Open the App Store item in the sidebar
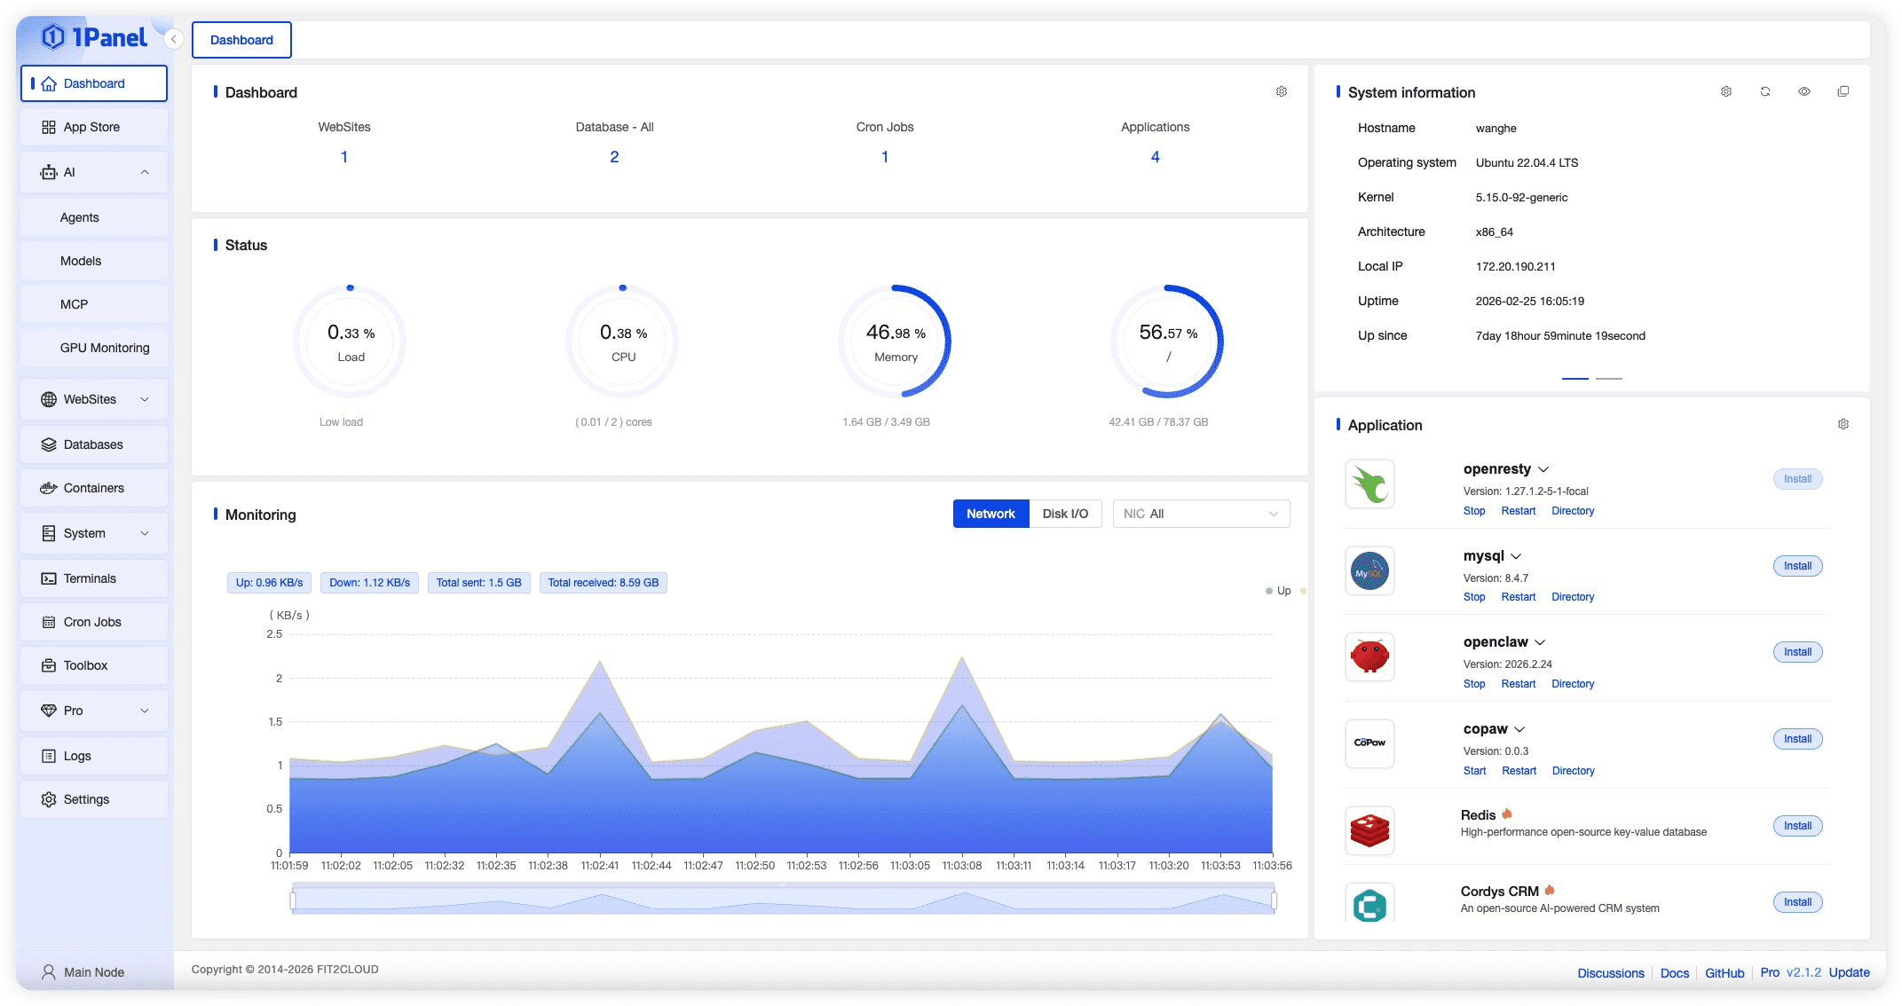93,127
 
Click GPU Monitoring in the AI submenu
105,348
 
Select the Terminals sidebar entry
93,578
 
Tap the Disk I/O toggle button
1065,514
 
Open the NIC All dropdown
1201,514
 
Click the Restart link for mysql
1518,597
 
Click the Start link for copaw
1474,771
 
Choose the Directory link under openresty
1573,511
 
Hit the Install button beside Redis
1797,826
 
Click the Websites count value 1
344,157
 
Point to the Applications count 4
1155,157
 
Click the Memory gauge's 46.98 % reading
896,333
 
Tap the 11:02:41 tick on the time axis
600,866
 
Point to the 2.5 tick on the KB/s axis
274,634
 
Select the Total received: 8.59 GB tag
603,583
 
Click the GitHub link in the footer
1724,973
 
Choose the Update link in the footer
1849,972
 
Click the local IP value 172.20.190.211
1515,266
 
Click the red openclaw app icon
1369,656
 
